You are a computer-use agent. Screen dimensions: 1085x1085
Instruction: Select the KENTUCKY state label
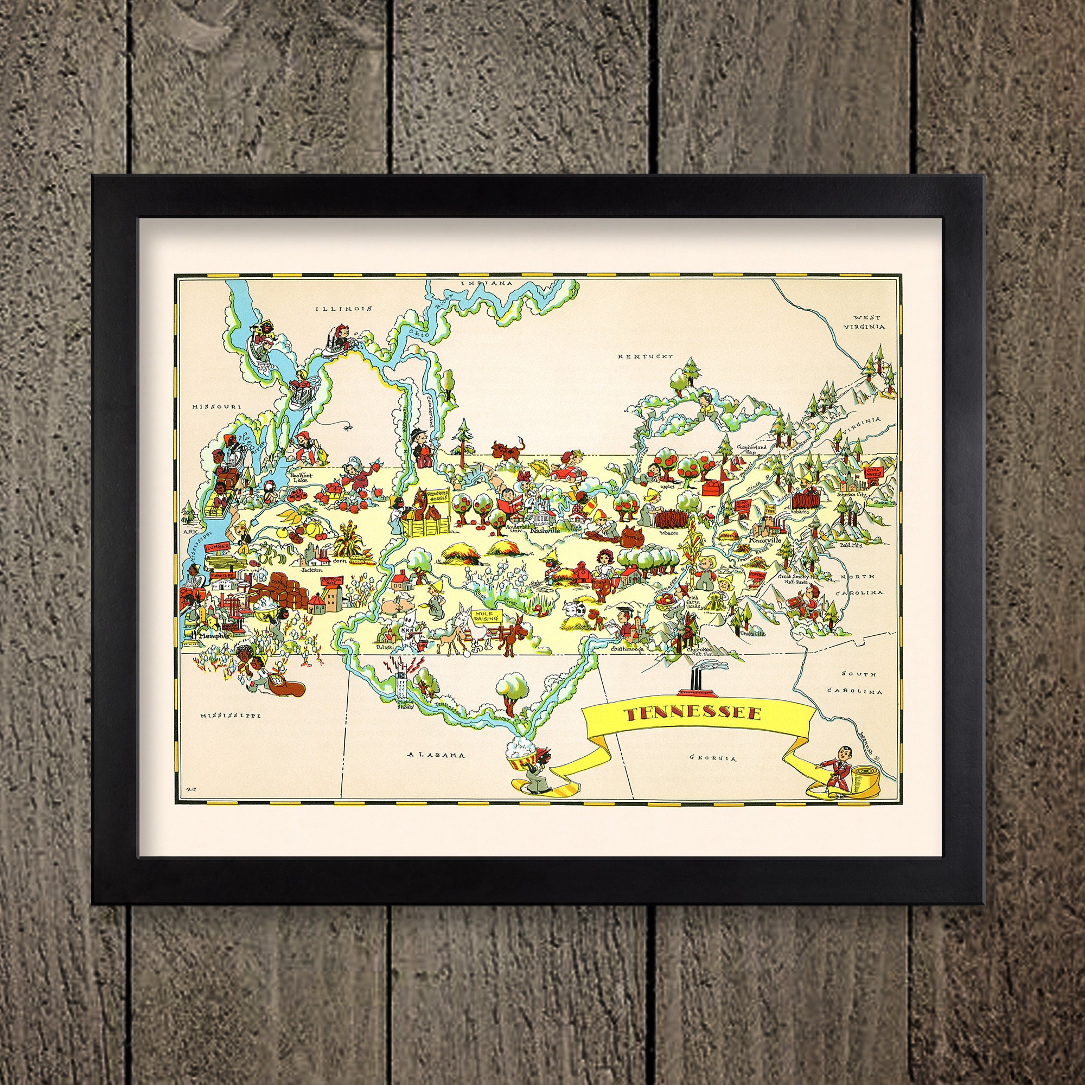click(x=645, y=356)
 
